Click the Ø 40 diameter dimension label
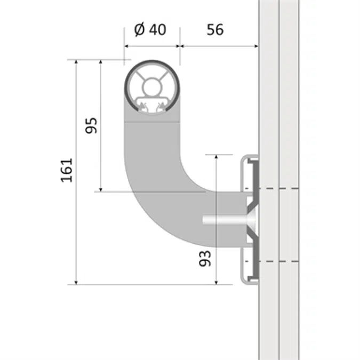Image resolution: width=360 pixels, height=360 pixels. [150, 30]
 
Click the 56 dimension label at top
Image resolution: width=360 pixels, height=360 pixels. [215, 30]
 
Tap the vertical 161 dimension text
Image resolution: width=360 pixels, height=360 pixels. [67, 170]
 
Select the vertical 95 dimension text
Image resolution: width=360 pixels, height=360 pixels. [91, 126]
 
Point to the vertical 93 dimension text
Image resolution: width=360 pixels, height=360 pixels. [205, 258]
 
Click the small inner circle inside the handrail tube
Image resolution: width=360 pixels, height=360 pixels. [152, 86]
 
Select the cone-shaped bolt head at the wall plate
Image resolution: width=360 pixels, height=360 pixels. [251, 219]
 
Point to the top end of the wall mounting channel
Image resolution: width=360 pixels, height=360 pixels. [249, 159]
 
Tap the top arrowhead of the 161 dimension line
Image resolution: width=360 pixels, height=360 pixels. [76, 63]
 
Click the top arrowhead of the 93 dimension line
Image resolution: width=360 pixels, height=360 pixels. [216, 158]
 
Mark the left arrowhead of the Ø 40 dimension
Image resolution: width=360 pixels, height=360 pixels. [127, 46]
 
